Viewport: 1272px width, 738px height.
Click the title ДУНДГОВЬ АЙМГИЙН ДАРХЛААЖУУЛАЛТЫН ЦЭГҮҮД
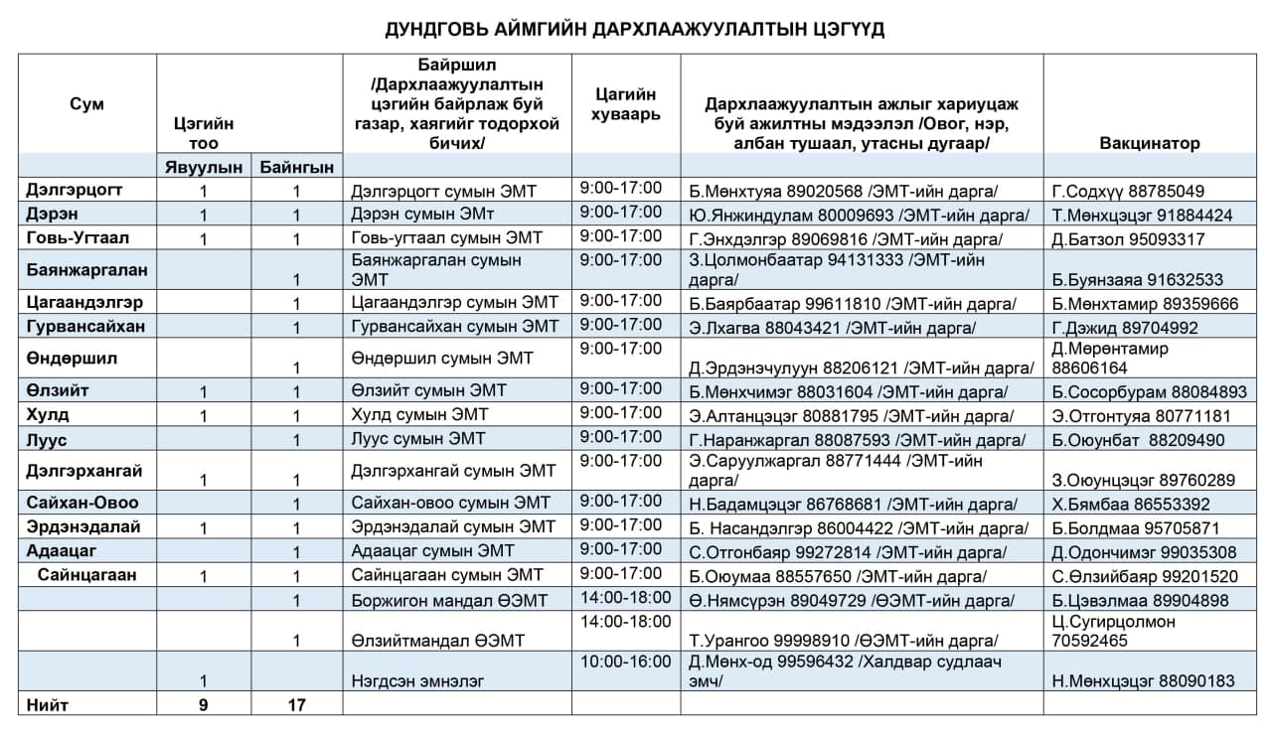(x=635, y=30)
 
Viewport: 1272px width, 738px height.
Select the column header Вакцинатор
(x=1149, y=143)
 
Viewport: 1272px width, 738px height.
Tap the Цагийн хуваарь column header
(x=626, y=104)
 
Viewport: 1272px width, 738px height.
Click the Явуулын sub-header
(x=203, y=167)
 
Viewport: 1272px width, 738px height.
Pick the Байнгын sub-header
(x=296, y=167)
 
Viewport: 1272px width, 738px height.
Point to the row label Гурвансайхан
(x=85, y=327)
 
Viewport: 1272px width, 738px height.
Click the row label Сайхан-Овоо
(x=82, y=503)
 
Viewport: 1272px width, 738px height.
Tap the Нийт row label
(x=49, y=704)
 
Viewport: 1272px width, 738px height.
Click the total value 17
(x=296, y=704)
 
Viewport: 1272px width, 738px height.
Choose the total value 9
(x=203, y=704)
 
